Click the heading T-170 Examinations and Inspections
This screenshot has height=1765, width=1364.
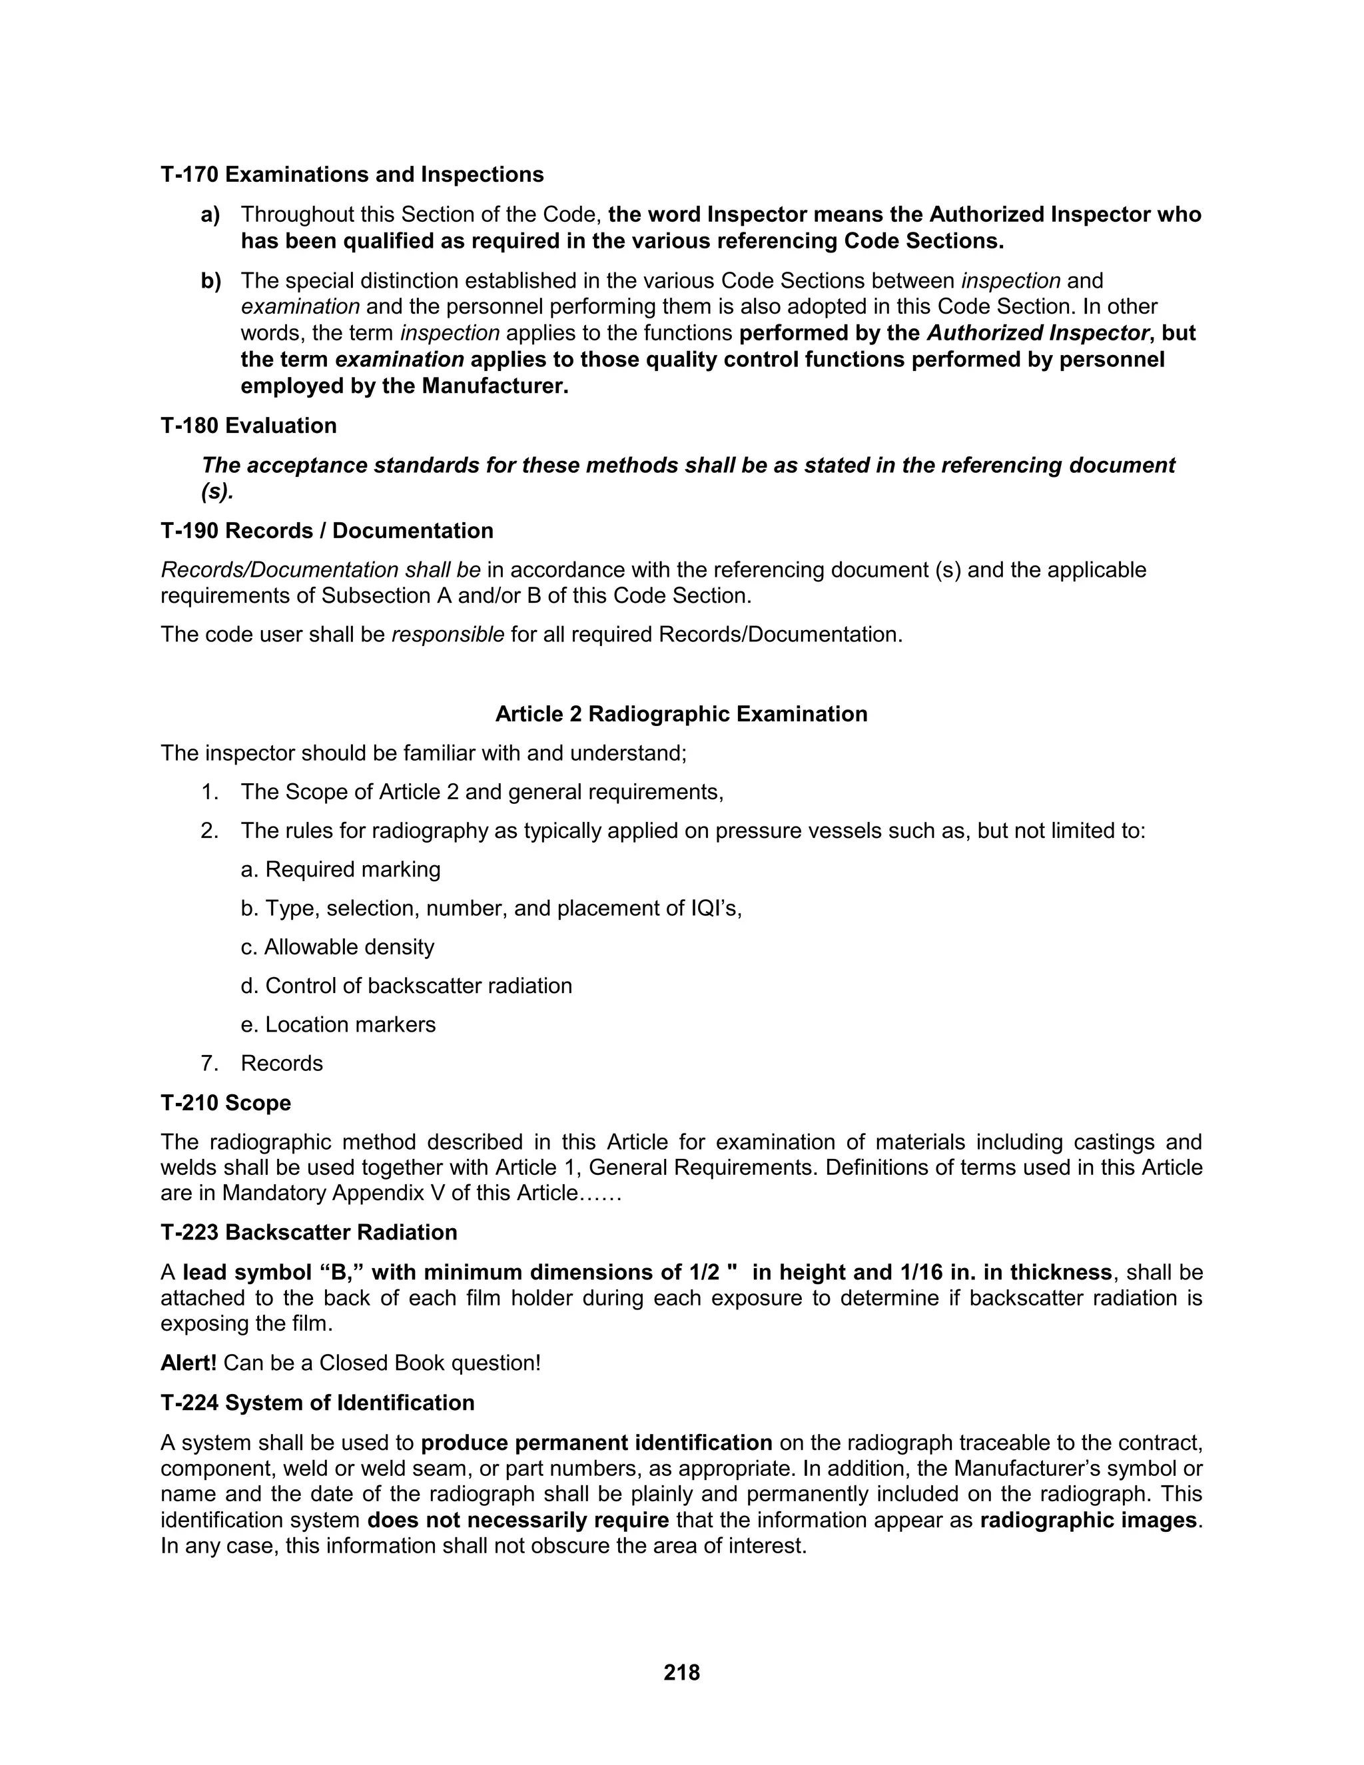[352, 175]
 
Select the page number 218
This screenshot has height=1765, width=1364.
[681, 1672]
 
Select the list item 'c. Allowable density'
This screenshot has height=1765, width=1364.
[337, 946]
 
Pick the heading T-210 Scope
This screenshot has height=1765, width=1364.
[226, 1103]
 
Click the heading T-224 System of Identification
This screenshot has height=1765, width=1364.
[318, 1402]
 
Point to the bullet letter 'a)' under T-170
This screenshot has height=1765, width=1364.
[210, 215]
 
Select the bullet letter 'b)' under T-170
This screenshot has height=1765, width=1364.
[210, 281]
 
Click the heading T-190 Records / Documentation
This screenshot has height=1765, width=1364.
[326, 531]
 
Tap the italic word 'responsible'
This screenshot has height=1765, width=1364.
[448, 634]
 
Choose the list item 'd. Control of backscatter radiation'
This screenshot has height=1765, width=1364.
[406, 985]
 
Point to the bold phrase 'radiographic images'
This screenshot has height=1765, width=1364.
[1088, 1520]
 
